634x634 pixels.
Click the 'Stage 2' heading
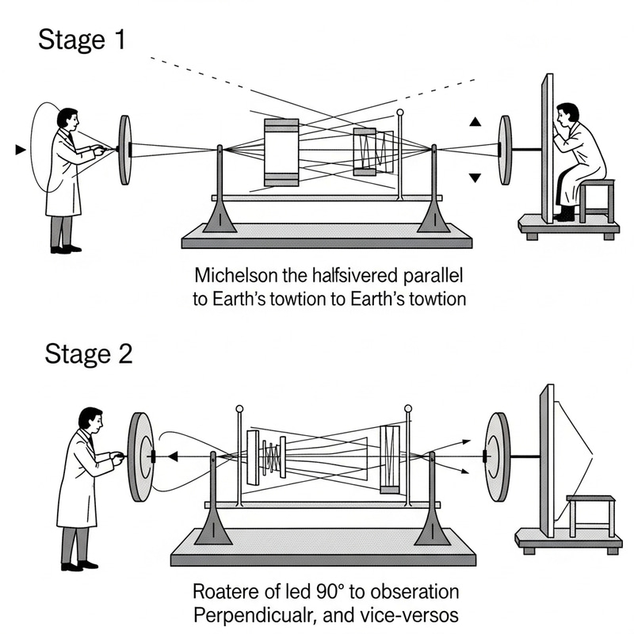[88, 353]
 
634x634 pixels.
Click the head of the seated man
[567, 113]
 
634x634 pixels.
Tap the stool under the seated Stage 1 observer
[597, 198]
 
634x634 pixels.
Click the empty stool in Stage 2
[590, 514]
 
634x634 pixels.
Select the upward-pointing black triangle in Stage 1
[475, 122]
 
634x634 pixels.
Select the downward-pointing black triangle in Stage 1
[475, 178]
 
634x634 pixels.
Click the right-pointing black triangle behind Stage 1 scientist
[21, 149]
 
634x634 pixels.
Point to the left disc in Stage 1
[125, 150]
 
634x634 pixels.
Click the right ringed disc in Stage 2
[498, 457]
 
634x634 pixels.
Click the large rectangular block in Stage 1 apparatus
[281, 152]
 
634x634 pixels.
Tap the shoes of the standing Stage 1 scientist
[66, 249]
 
